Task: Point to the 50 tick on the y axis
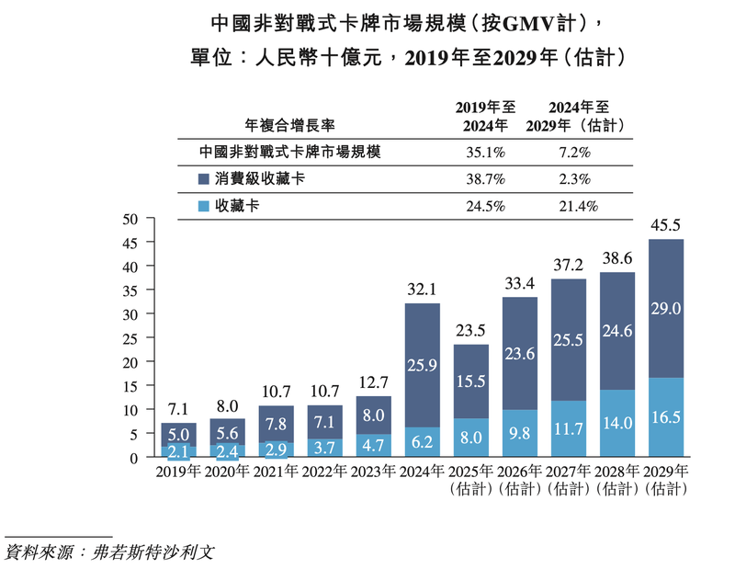click(x=130, y=219)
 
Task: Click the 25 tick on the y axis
click(x=130, y=338)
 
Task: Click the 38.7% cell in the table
click(x=485, y=179)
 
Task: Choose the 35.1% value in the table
click(x=485, y=152)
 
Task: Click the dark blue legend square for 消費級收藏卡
click(x=204, y=179)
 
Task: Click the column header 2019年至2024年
click(x=485, y=116)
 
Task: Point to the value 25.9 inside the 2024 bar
click(x=424, y=366)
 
